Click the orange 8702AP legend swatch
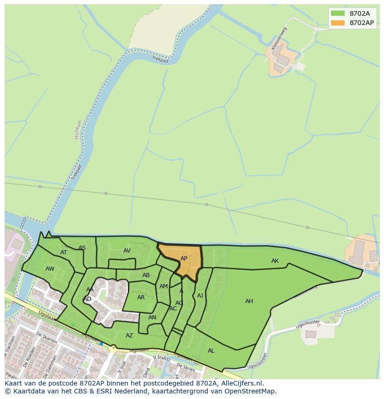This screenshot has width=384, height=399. click(x=338, y=23)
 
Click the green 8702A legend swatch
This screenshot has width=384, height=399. click(x=338, y=13)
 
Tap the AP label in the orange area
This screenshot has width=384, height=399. click(x=184, y=259)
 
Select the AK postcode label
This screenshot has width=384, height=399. click(x=275, y=261)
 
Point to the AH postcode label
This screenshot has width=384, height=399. click(x=249, y=301)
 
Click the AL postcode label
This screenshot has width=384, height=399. click(x=211, y=351)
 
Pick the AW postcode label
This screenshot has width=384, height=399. click(x=50, y=269)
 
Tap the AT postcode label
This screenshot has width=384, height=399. click(x=64, y=253)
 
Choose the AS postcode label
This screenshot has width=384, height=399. click(x=82, y=248)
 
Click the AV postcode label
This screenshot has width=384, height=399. click(x=127, y=251)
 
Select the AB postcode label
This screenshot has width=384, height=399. click(x=146, y=275)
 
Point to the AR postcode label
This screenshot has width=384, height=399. click(x=141, y=298)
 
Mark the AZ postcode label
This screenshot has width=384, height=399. click(x=129, y=336)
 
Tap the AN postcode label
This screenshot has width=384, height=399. click(x=152, y=317)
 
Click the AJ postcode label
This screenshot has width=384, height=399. click(x=200, y=296)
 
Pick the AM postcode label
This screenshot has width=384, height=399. click(x=163, y=286)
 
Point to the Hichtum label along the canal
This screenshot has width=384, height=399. click(x=77, y=129)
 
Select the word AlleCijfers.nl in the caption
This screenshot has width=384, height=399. click(x=241, y=383)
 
